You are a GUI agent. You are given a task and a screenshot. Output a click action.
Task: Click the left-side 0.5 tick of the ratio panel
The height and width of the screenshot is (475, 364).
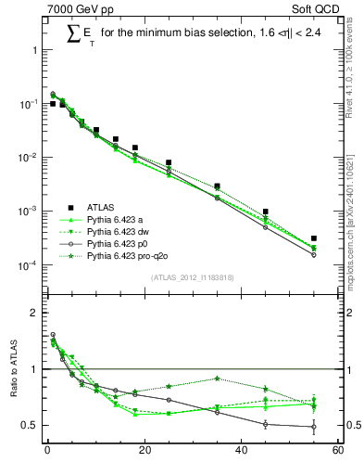pyautogui.click(x=33, y=425)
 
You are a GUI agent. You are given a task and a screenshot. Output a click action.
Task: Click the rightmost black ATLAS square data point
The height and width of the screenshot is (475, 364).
pyautogui.click(x=314, y=238)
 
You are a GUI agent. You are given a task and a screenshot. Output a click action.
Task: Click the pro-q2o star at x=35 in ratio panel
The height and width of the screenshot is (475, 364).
pyautogui.click(x=217, y=379)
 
